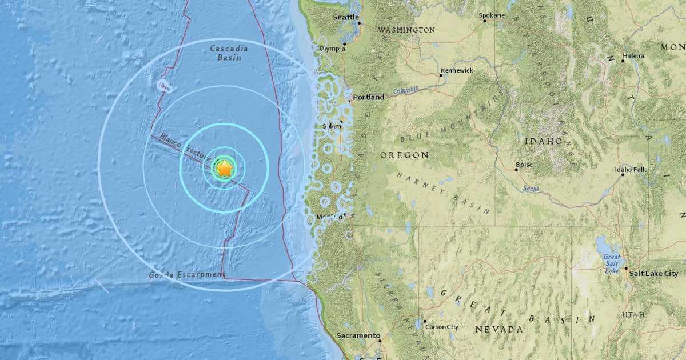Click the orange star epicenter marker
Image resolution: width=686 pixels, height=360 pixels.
click(225, 168)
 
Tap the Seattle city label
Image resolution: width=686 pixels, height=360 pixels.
click(346, 17)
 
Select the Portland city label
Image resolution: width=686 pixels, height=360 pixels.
click(369, 97)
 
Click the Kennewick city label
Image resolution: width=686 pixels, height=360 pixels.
click(457, 70)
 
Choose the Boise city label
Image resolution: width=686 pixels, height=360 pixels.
click(524, 165)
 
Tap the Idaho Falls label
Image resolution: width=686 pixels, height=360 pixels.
click(631, 170)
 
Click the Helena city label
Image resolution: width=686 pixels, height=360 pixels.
click(633, 56)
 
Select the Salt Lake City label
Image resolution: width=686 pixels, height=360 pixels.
click(653, 274)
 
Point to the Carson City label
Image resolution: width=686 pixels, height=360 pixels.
click(441, 327)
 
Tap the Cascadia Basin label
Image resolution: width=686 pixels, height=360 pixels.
click(229, 53)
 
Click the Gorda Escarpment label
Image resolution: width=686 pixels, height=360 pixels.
click(186, 275)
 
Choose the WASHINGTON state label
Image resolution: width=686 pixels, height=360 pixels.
click(406, 30)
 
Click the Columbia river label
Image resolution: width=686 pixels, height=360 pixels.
click(406, 90)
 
